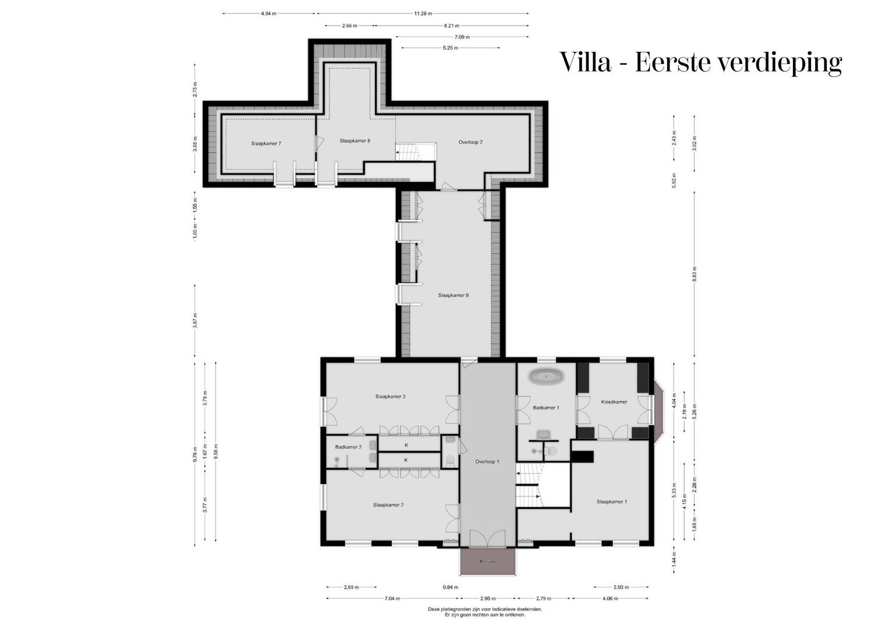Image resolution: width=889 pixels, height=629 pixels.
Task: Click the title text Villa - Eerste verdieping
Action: click(x=700, y=62)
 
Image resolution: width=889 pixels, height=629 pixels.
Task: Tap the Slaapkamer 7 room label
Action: click(x=267, y=143)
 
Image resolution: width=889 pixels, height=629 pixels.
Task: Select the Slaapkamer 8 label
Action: click(x=355, y=140)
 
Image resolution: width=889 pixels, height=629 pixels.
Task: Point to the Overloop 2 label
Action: click(x=470, y=142)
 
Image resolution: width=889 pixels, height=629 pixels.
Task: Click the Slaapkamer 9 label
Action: click(x=454, y=295)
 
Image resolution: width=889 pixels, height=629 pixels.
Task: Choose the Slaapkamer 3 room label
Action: click(x=390, y=397)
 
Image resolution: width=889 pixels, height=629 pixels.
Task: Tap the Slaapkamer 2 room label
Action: click(x=388, y=505)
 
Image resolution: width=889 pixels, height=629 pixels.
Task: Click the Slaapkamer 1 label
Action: click(x=611, y=501)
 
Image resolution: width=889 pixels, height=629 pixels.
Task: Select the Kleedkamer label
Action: click(x=614, y=402)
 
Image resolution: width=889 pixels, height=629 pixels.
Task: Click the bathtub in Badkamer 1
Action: click(x=546, y=376)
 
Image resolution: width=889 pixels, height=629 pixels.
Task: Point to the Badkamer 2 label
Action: click(x=348, y=447)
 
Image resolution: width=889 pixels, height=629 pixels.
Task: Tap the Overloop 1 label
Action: click(x=487, y=461)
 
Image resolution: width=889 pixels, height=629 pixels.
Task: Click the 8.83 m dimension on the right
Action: click(x=695, y=273)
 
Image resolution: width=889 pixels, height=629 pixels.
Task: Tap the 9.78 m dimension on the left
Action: click(x=195, y=454)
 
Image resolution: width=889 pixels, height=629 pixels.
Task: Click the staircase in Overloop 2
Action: click(x=408, y=151)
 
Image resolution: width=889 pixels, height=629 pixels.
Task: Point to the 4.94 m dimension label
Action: click(x=268, y=13)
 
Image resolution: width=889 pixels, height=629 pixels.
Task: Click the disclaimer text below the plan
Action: click(x=485, y=612)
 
